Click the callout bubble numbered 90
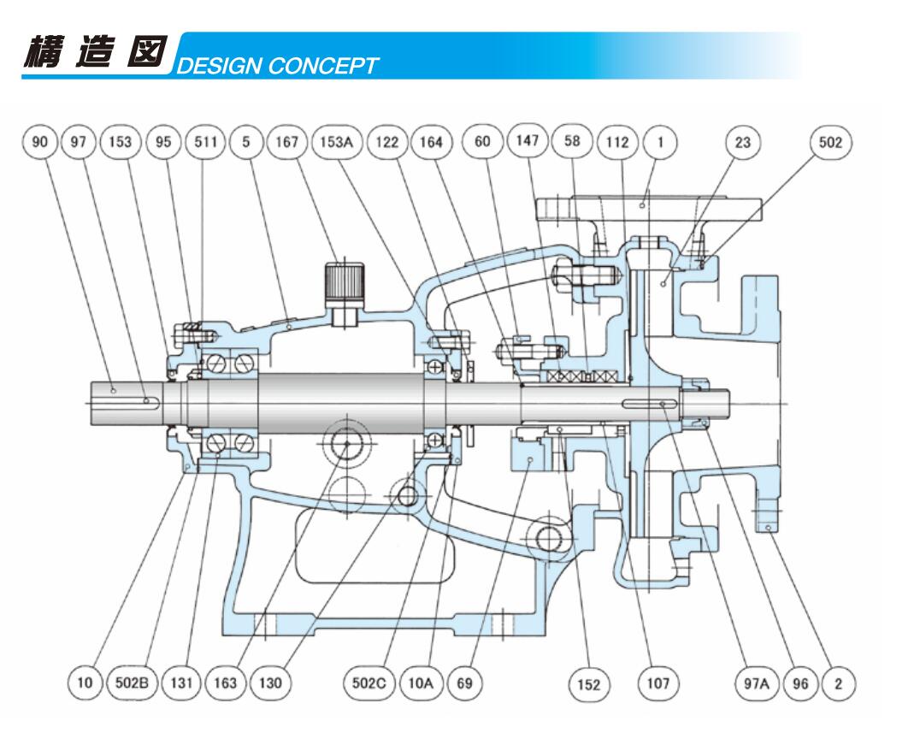[39, 142]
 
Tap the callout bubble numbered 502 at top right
[829, 142]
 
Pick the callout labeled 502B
[133, 683]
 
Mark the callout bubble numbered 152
[589, 684]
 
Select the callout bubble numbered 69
[467, 683]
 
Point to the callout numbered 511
[205, 142]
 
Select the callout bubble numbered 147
[526, 141]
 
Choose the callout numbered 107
[657, 684]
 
